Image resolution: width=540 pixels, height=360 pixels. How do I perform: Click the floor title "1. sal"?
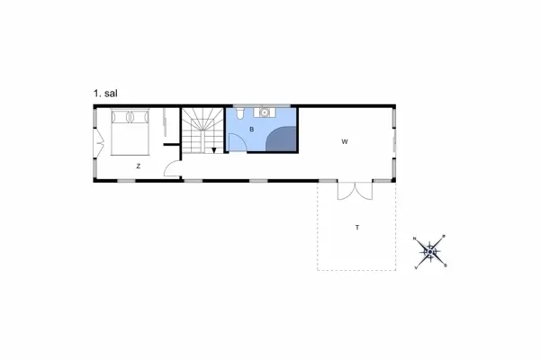106,93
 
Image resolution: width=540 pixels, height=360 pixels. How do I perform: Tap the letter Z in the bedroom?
138,166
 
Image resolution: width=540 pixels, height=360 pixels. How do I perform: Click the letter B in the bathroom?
251,130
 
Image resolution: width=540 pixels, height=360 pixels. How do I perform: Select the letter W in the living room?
345,142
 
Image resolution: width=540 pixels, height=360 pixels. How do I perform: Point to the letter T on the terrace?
356,227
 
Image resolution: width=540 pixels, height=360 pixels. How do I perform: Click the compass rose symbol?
431,250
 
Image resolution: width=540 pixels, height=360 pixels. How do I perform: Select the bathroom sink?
265,112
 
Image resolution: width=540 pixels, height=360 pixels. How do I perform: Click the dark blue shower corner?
283,139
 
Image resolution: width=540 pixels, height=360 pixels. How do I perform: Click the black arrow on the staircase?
213,149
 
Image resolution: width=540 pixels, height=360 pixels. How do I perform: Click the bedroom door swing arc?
172,167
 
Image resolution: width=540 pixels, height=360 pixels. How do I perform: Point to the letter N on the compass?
415,238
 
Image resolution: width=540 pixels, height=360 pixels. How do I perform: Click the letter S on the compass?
447,265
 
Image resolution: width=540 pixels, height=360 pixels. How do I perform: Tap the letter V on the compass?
416,267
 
